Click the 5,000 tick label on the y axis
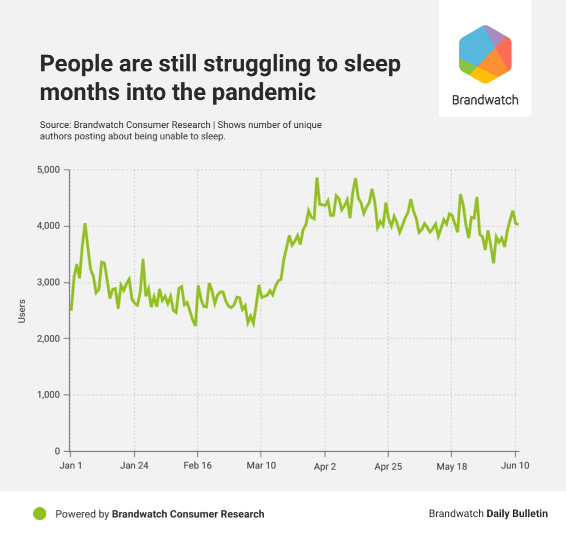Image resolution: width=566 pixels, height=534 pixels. pos(48,170)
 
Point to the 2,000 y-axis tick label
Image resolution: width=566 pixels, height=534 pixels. pos(48,339)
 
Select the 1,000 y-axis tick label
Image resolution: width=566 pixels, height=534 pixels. pos(48,395)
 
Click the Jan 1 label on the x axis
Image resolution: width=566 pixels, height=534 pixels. pos(71,466)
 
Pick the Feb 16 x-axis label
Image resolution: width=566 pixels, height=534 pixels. pos(198,466)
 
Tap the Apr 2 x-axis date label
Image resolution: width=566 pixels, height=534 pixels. pos(325,466)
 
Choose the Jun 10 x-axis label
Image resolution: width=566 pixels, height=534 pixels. pos(516,466)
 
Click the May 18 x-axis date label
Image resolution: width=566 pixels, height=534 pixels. pos(451,466)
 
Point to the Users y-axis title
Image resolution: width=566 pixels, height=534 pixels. pos(22,311)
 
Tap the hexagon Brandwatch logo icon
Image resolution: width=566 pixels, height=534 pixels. pos(485,54)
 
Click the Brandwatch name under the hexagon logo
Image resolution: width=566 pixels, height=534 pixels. pos(485,100)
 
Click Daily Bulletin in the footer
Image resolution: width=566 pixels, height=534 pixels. pos(517,513)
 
